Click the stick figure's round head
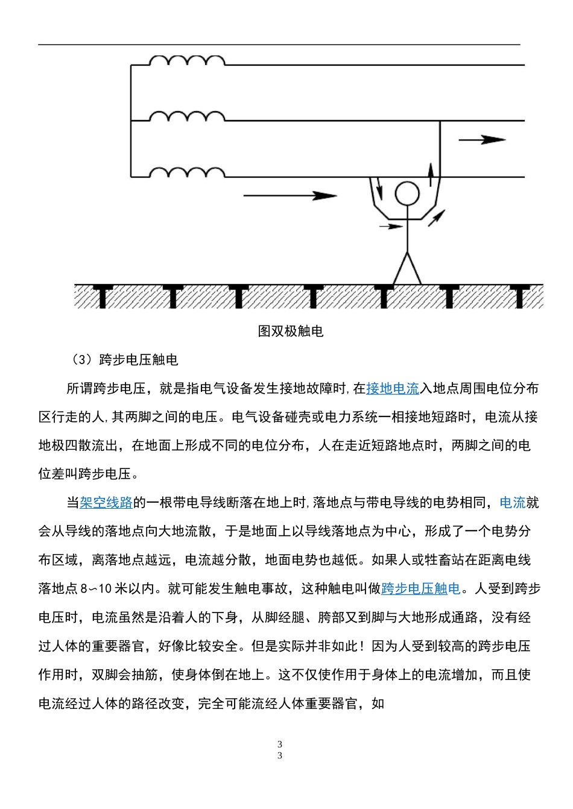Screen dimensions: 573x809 pos(406,194)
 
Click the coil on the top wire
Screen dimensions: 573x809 pos(187,61)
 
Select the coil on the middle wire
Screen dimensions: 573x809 pos(187,117)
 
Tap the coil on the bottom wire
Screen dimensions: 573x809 pos(187,174)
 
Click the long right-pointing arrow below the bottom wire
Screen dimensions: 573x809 pos(290,195)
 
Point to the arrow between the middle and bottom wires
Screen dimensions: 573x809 pos(482,140)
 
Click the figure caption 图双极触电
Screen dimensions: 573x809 pos(291,331)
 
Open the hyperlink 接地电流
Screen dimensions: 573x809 pos(393,389)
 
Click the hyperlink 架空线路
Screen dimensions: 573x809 pos(106,503)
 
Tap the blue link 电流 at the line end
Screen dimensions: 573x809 pos(513,503)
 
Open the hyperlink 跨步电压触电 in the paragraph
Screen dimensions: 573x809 pos(420,588)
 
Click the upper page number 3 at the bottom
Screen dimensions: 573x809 pos(280,744)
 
